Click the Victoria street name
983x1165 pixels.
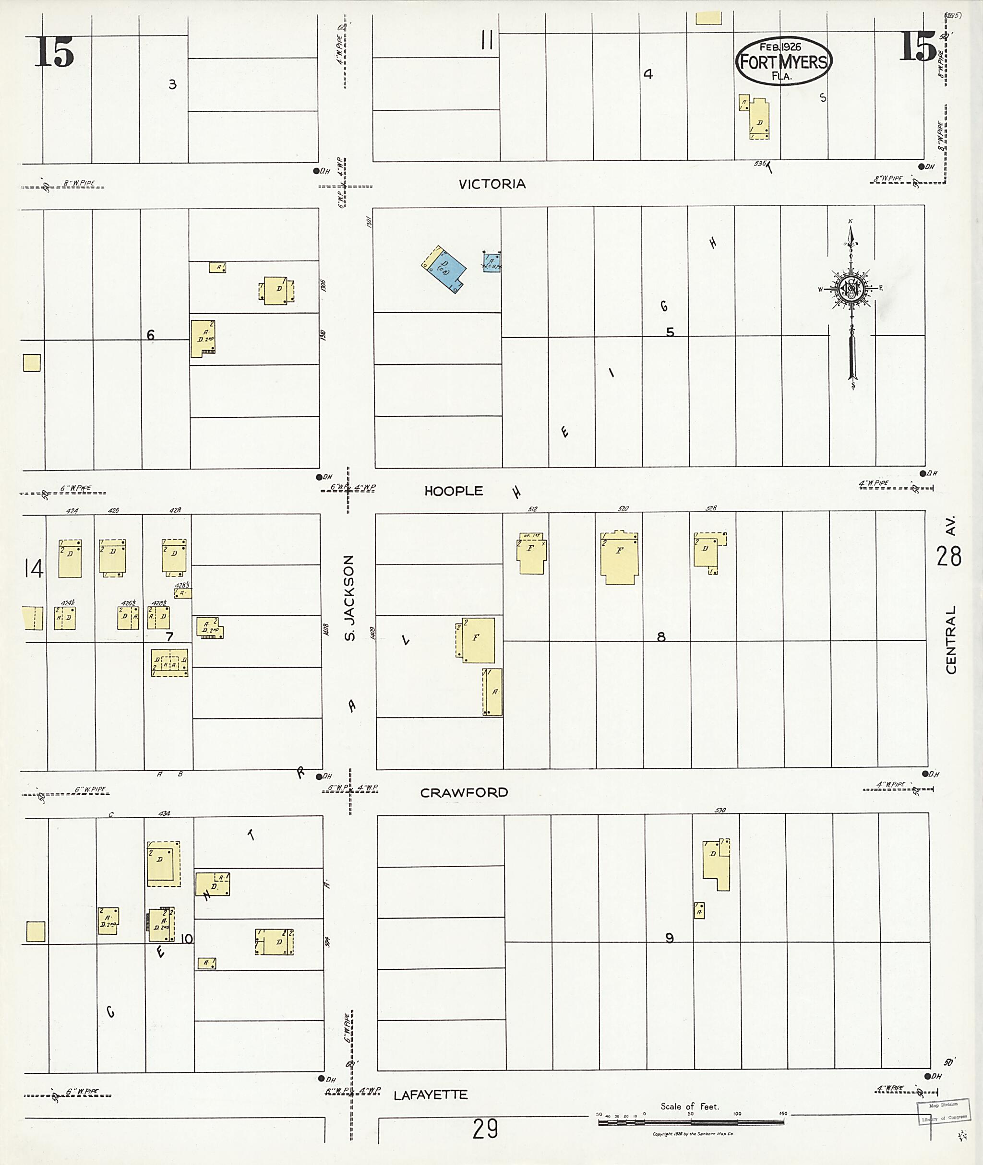(492, 184)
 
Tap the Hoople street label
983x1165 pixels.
(454, 491)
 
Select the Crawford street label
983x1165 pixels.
(464, 792)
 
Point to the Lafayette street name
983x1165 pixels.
(430, 1095)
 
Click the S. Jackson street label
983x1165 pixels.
(349, 598)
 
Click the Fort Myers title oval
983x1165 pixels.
(783, 61)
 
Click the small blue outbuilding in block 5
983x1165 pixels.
(492, 262)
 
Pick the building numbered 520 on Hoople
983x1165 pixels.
(619, 557)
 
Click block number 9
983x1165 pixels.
(669, 938)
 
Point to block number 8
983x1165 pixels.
(661, 637)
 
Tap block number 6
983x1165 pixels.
(150, 335)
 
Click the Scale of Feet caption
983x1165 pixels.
(689, 1106)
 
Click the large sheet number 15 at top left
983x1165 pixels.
(55, 52)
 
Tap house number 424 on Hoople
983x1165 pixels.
(72, 511)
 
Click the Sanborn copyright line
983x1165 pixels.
(693, 1134)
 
